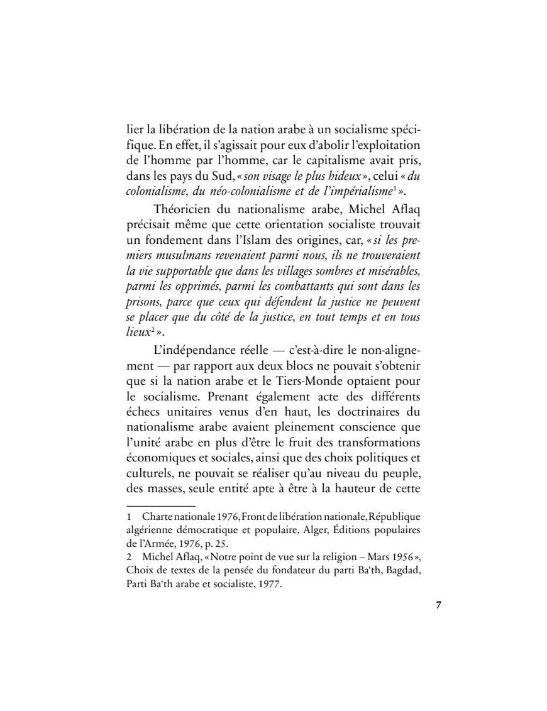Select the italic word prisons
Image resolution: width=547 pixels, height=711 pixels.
coord(143,302)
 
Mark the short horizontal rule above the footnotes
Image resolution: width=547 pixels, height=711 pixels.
coord(161,506)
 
